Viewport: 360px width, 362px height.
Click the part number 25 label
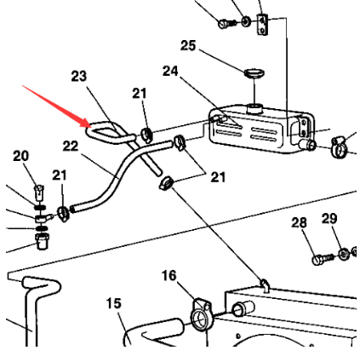coord(188,45)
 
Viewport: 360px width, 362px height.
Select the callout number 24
coord(170,71)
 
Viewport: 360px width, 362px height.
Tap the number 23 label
coord(78,76)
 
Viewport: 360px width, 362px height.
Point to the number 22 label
coord(71,146)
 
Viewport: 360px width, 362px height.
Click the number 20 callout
coord(21,156)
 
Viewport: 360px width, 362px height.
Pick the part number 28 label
coord(299,222)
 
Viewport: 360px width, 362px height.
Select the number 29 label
coord(329,218)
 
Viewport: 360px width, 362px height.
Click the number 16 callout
coord(169,275)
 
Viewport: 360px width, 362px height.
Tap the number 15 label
coord(114,303)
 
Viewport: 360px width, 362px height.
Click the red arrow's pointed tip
coord(91,127)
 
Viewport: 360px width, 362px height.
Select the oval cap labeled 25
coord(254,72)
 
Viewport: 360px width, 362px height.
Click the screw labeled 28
coord(323,259)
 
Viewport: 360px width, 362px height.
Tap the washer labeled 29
coord(344,254)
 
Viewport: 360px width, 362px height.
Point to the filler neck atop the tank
coord(254,108)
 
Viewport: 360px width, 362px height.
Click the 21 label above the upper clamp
coord(140,94)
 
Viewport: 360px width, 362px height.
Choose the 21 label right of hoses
coord(218,177)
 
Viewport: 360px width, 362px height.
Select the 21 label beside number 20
coord(59,175)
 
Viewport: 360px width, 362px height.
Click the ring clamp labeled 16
coord(201,315)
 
